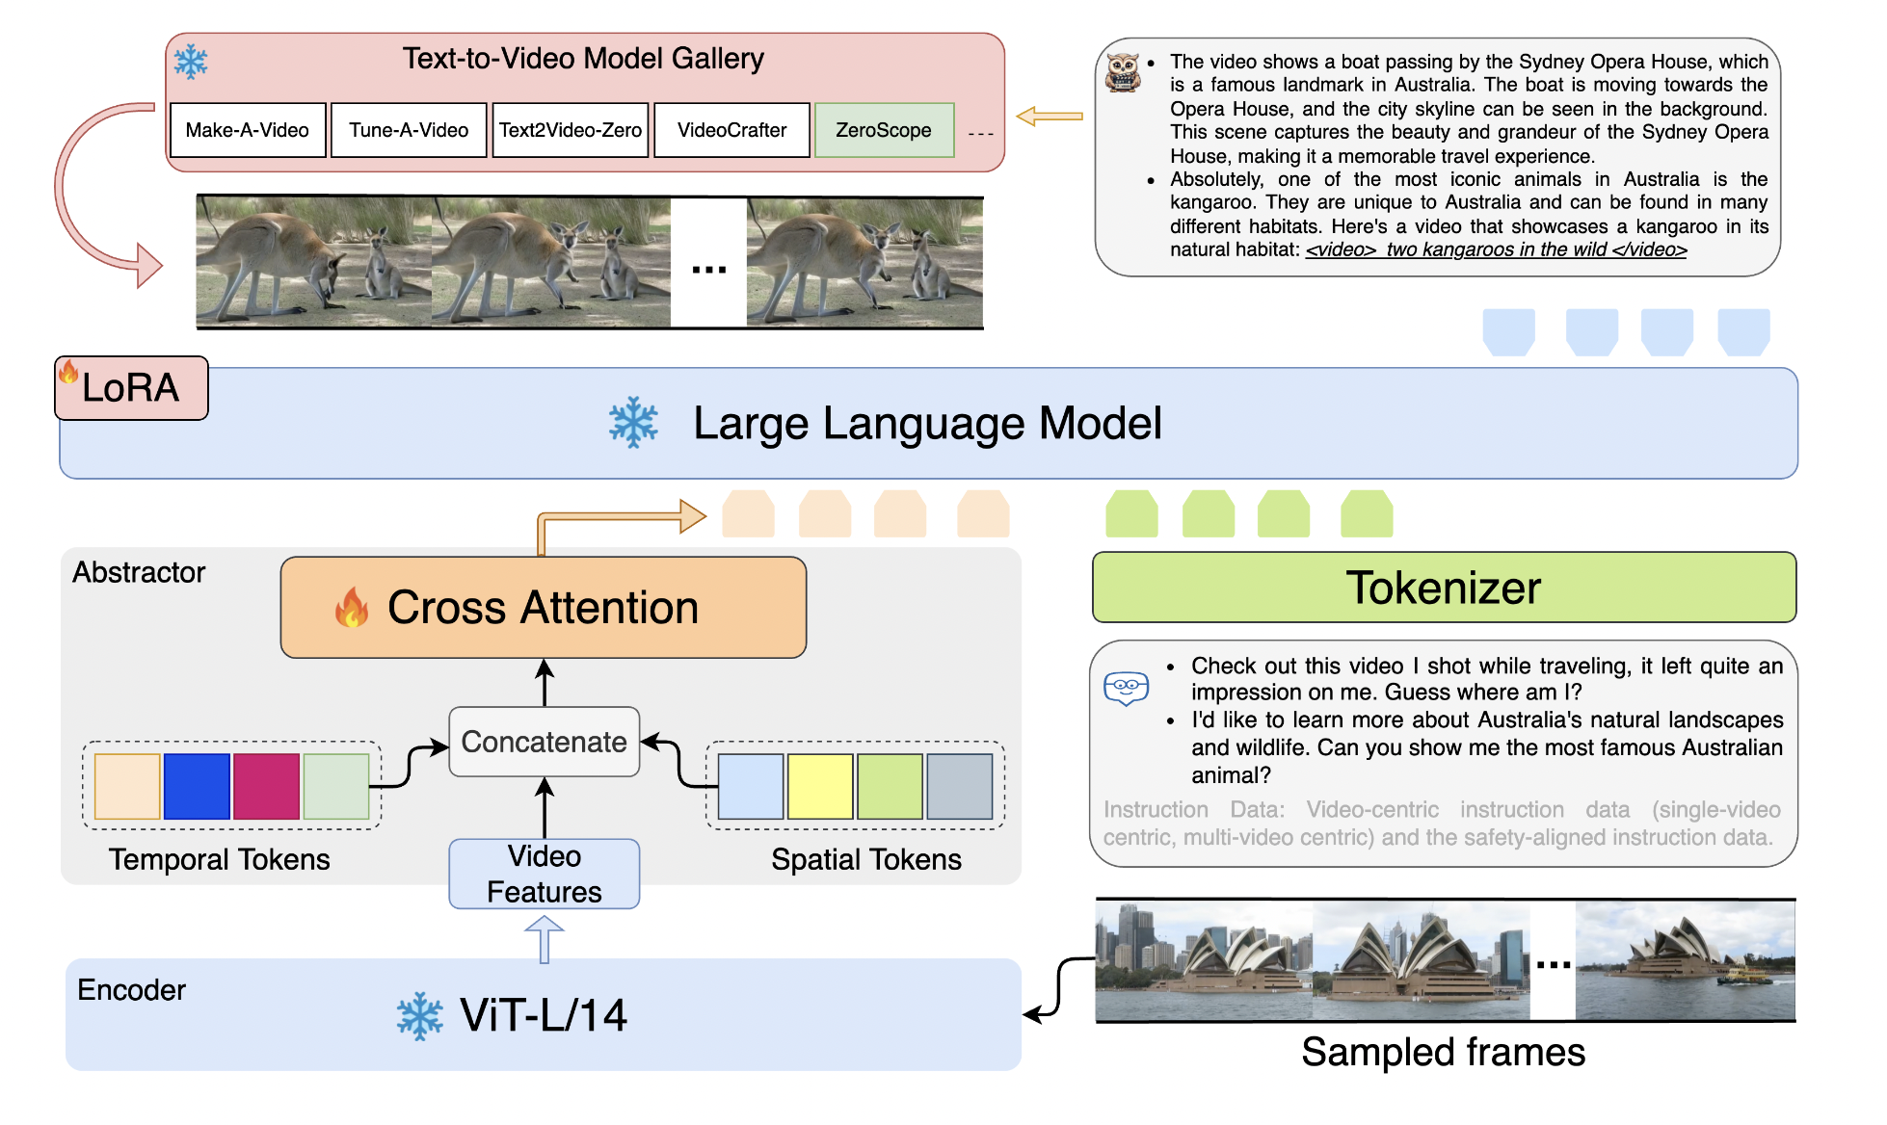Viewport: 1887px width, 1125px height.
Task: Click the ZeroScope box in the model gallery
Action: [x=884, y=130]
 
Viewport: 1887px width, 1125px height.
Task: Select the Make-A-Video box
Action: [x=248, y=130]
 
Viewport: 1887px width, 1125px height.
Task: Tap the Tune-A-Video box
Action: [x=409, y=130]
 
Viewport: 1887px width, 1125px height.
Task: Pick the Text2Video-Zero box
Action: [x=571, y=130]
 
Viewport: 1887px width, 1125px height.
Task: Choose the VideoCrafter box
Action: [x=731, y=130]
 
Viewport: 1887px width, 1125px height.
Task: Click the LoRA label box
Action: [x=131, y=388]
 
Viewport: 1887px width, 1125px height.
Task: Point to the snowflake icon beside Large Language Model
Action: [x=633, y=423]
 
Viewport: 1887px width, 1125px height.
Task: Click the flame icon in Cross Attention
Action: [x=352, y=608]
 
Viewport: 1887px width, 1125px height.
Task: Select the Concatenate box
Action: [x=545, y=742]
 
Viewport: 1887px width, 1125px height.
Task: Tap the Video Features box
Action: [x=545, y=874]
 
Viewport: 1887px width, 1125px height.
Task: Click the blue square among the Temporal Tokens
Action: [x=197, y=786]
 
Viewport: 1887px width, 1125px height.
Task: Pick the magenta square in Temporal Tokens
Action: [x=266, y=786]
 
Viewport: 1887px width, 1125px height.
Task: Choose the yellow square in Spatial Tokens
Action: [x=820, y=786]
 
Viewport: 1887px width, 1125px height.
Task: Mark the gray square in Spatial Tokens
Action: [x=960, y=786]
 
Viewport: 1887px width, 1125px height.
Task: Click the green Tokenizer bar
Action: [x=1444, y=588]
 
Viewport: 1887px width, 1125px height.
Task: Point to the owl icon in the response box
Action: [x=1123, y=72]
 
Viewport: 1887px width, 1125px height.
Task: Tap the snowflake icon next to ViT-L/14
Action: [x=420, y=1016]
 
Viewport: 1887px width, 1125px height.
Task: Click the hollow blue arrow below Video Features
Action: [x=545, y=938]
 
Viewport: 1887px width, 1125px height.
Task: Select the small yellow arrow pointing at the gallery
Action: [x=1050, y=117]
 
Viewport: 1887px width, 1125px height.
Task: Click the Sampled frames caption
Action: [x=1443, y=1052]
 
